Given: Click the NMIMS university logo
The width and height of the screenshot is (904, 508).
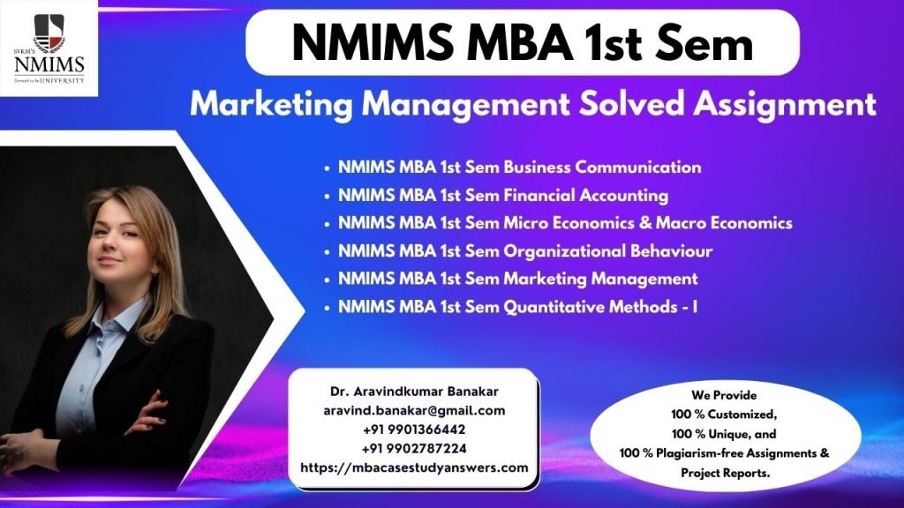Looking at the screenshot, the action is tap(49, 49).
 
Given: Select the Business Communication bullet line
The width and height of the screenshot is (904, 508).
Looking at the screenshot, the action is tap(519, 167).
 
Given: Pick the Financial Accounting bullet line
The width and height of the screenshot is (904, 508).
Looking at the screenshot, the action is tap(503, 195).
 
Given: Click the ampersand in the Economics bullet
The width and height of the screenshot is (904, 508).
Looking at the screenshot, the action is tap(645, 223).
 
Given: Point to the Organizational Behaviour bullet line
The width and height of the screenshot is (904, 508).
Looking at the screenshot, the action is tap(525, 251).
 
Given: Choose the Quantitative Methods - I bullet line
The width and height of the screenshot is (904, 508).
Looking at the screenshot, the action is tap(517, 306).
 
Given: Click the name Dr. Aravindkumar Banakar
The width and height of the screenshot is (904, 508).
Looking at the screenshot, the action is tap(414, 391).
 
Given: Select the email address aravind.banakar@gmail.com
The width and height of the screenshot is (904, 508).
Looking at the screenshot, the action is tap(414, 411).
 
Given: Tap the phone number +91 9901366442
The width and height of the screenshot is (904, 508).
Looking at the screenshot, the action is tap(414, 430).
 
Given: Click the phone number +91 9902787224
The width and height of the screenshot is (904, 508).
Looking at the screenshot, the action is tap(414, 449).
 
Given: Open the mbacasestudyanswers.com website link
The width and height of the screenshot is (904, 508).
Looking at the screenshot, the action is tap(414, 467).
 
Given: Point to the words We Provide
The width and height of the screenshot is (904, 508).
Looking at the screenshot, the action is tap(724, 395).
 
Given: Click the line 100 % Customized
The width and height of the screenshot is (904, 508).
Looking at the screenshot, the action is tap(724, 415).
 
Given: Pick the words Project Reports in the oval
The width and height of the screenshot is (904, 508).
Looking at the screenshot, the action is tap(726, 473).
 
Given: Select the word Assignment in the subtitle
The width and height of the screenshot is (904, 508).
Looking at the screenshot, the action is tap(785, 105).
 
